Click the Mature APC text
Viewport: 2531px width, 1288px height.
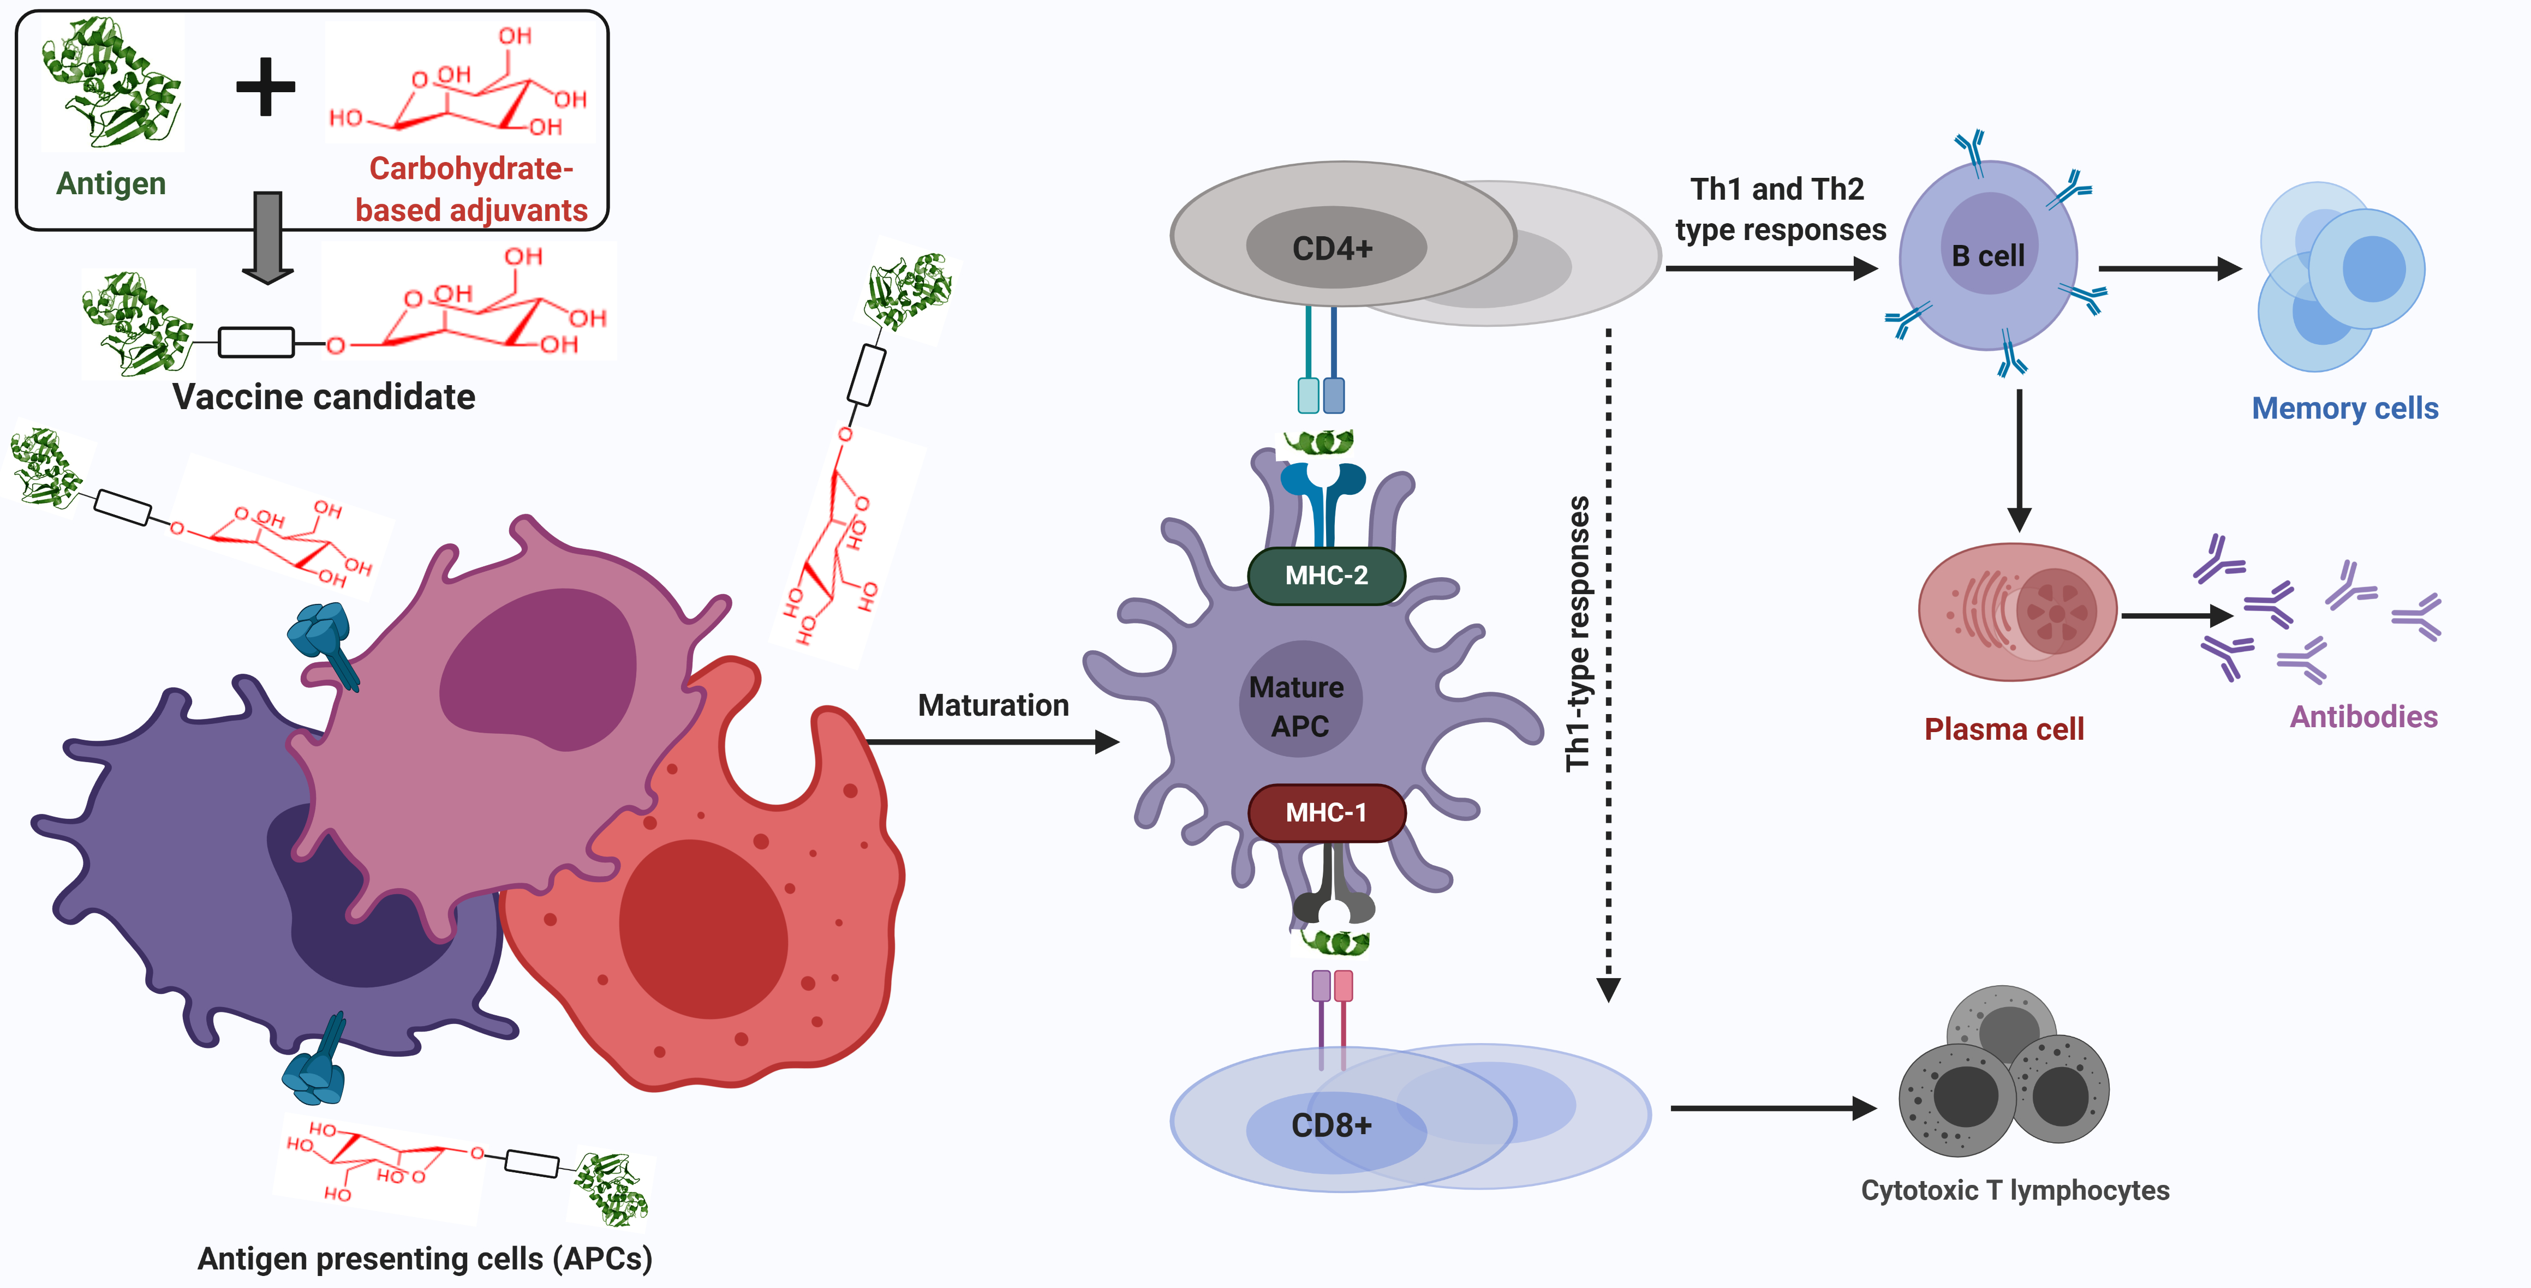(1298, 705)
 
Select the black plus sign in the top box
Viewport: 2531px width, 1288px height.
(265, 86)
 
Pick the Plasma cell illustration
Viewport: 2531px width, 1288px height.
(2016, 611)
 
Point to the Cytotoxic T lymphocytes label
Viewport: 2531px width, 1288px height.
(2014, 1190)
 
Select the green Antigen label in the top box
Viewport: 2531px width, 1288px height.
(111, 184)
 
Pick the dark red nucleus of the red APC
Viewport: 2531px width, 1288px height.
(702, 928)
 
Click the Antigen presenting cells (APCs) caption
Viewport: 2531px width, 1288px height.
(425, 1259)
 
